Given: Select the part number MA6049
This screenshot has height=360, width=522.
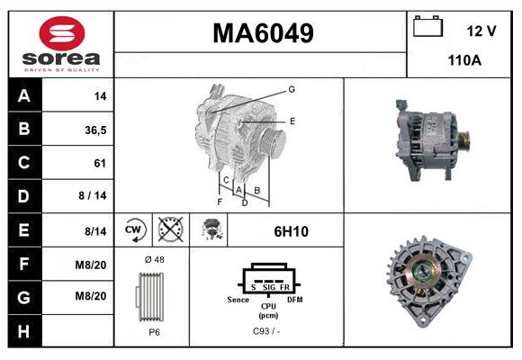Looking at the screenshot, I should point(262,34).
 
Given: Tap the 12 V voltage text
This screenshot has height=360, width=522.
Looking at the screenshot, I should point(481,31).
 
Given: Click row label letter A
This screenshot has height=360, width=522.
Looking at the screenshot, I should point(24,96).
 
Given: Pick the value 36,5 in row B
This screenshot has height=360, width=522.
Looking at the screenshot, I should point(95,130).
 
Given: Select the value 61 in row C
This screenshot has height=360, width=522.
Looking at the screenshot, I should point(99,164).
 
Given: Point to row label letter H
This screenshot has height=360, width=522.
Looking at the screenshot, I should point(24,332).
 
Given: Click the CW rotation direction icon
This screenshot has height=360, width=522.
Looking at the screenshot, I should point(133,230).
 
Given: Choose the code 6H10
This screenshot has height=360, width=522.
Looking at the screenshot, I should point(291,231).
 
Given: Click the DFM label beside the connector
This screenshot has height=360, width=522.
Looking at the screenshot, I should point(294,299).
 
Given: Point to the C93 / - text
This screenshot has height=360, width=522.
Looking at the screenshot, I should point(268,332).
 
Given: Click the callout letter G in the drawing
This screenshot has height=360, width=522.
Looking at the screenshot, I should point(292,89).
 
